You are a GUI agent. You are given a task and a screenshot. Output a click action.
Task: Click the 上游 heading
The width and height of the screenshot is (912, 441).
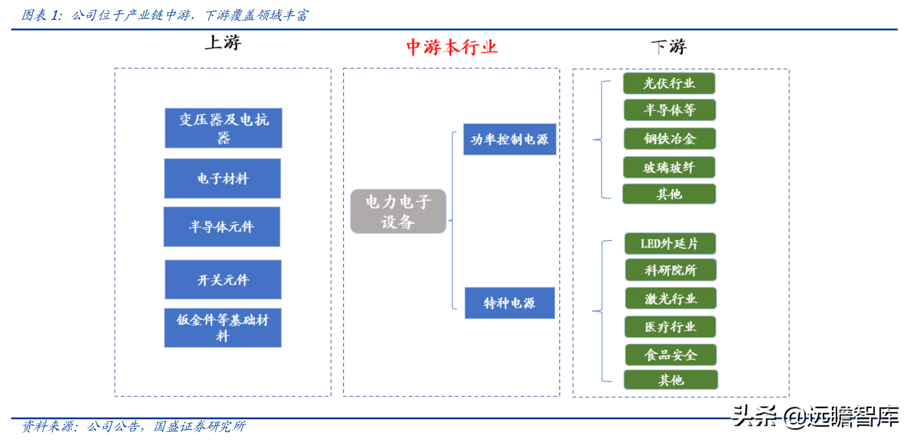click(222, 43)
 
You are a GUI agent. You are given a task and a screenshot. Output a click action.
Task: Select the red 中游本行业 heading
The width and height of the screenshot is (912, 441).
click(452, 47)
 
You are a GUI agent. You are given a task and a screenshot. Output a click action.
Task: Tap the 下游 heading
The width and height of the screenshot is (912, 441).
click(669, 47)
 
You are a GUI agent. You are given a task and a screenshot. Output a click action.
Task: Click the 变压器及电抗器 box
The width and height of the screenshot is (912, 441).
click(223, 128)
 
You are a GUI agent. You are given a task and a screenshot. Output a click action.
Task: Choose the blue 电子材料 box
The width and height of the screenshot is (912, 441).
click(222, 179)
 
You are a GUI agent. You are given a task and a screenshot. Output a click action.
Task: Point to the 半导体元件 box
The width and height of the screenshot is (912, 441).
click(222, 227)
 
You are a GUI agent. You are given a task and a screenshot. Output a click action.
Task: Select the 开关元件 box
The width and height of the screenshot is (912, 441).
click(223, 280)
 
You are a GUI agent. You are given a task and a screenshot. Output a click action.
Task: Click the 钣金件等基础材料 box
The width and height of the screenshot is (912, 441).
click(222, 328)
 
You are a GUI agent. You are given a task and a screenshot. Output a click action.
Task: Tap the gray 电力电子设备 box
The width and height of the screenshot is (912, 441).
click(398, 212)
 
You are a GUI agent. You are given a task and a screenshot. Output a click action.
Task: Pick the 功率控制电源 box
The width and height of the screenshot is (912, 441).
click(510, 140)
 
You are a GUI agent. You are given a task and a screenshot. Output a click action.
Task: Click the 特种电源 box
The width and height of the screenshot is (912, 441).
click(510, 303)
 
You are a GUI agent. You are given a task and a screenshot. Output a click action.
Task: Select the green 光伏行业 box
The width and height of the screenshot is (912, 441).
click(669, 83)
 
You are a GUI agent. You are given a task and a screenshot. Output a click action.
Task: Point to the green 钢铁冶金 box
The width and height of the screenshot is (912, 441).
click(669, 139)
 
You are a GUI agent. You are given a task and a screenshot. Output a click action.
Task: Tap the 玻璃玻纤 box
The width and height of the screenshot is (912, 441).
click(669, 167)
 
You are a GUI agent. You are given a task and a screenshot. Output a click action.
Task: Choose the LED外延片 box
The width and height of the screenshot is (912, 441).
click(669, 244)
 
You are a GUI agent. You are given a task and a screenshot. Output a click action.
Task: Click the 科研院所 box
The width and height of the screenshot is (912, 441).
click(670, 270)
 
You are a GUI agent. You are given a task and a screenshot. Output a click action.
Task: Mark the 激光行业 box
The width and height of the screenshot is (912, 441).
click(670, 299)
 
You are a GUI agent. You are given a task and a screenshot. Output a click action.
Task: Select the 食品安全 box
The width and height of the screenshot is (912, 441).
click(670, 355)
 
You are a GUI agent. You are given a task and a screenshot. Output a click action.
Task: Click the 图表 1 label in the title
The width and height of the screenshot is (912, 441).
click(41, 16)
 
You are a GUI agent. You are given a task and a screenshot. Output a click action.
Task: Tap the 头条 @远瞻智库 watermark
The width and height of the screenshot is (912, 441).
click(815, 417)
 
